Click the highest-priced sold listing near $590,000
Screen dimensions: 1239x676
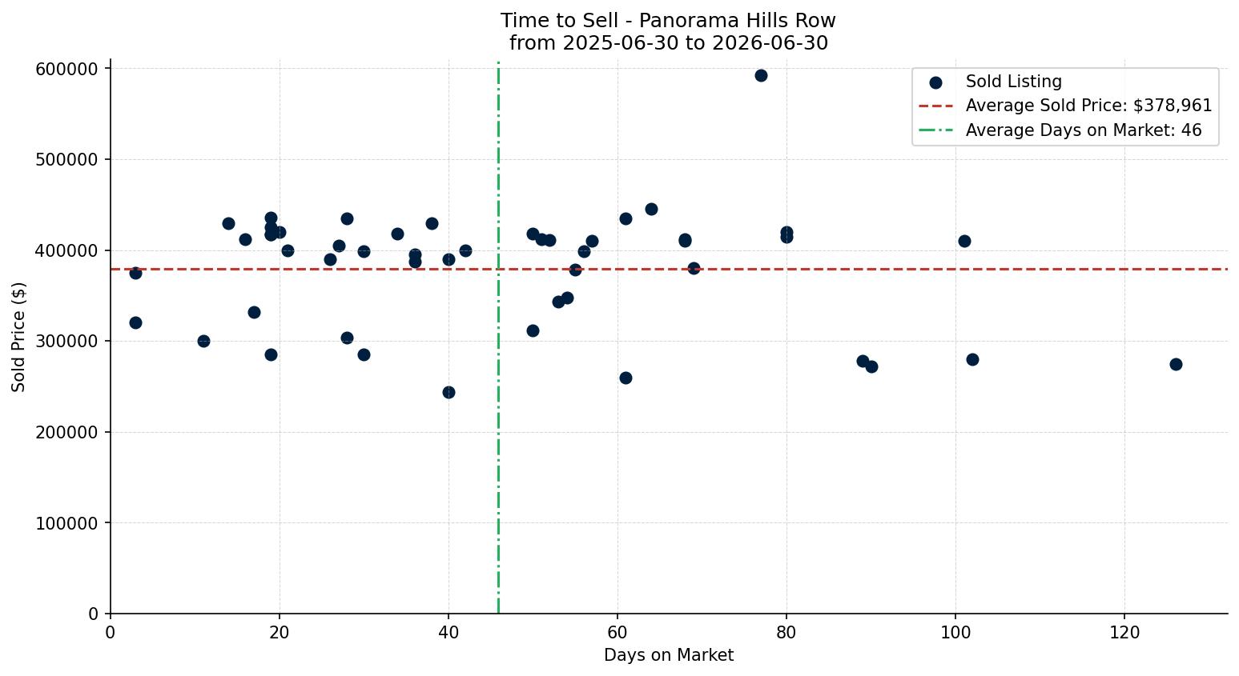(x=761, y=76)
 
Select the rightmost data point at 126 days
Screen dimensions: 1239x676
(x=1176, y=365)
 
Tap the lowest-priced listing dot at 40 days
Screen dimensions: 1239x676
(x=449, y=393)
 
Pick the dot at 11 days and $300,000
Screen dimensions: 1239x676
(x=203, y=342)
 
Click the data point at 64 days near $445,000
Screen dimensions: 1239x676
(x=651, y=210)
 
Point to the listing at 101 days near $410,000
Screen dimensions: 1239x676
(x=964, y=242)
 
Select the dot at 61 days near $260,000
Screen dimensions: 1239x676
(x=626, y=378)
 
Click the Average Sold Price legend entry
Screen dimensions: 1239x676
(x=1065, y=106)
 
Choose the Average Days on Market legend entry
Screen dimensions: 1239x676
(x=1060, y=130)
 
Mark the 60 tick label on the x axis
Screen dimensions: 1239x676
(x=617, y=633)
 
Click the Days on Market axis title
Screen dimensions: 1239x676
(x=669, y=655)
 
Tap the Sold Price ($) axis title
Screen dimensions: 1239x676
(x=18, y=338)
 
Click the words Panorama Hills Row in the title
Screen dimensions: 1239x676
(x=738, y=21)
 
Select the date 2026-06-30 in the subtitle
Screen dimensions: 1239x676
(x=770, y=43)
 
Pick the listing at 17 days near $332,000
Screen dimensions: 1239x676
(x=254, y=313)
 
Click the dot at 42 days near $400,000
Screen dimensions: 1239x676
(x=466, y=250)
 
